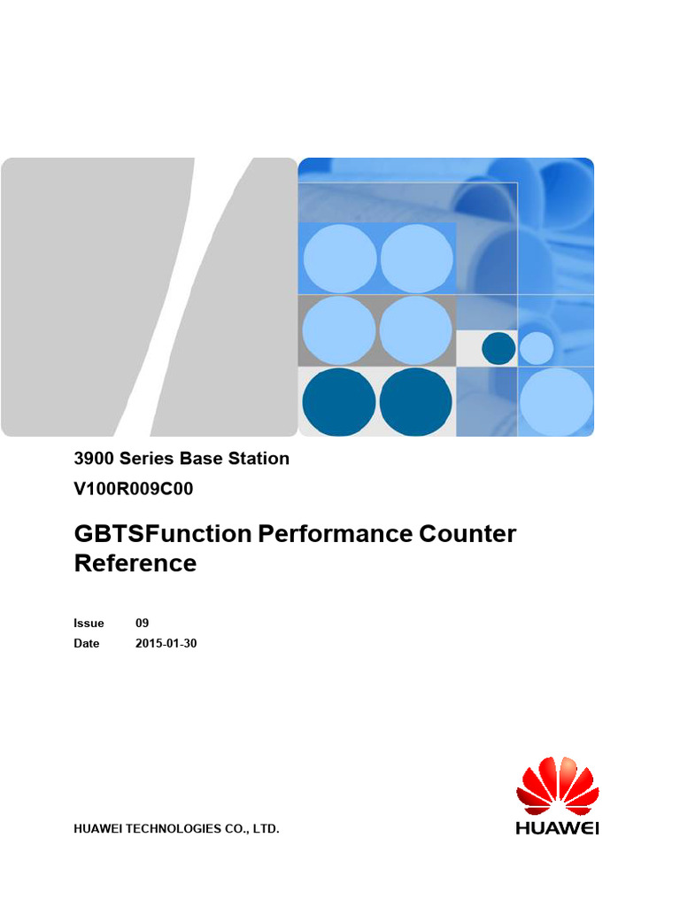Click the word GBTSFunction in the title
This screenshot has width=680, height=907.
click(163, 534)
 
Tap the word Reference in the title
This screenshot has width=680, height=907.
click(135, 563)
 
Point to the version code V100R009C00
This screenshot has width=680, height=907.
click(133, 487)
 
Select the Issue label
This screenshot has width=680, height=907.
click(89, 623)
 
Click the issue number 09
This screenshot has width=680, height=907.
click(142, 623)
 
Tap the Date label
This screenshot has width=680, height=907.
click(87, 643)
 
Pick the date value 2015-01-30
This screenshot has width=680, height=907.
click(166, 643)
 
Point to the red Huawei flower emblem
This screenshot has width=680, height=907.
click(558, 787)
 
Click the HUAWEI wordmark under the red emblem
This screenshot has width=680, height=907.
click(558, 829)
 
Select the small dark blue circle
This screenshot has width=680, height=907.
click(498, 348)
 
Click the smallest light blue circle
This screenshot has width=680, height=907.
click(536, 348)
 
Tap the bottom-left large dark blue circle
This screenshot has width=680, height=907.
click(339, 402)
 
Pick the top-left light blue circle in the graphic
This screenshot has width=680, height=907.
click(340, 259)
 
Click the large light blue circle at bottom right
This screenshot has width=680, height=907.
click(556, 401)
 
